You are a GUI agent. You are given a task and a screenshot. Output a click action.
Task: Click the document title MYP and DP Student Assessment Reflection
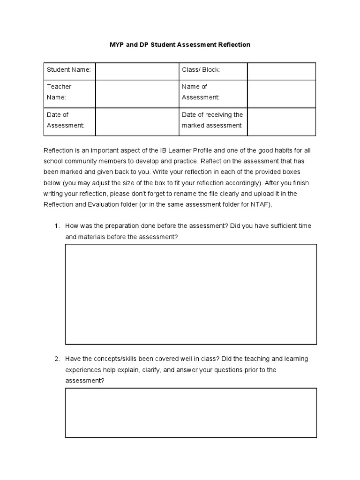pos(180,45)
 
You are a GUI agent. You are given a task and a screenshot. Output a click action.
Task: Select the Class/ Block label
pos(201,70)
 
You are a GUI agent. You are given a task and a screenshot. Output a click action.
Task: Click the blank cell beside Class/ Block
pos(281,71)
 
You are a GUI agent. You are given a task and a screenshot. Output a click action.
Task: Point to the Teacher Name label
pos(59,92)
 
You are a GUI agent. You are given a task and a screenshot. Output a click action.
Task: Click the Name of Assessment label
pos(201,92)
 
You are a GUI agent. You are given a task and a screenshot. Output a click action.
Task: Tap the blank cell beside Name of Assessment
pos(281,94)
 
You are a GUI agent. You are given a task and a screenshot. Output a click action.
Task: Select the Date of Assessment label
pos(66,120)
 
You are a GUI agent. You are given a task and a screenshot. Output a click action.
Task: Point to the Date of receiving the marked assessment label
pos(212,120)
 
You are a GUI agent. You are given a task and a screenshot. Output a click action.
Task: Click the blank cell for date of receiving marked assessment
pos(281,122)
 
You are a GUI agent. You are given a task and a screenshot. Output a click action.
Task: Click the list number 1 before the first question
pos(57,226)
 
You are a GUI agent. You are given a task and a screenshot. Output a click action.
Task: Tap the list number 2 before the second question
pos(57,359)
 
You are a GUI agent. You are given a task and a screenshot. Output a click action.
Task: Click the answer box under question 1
pos(191,294)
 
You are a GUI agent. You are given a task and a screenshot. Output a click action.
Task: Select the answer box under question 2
pos(191,412)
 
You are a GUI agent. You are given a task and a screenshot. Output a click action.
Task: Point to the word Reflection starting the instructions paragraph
pos(59,150)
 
